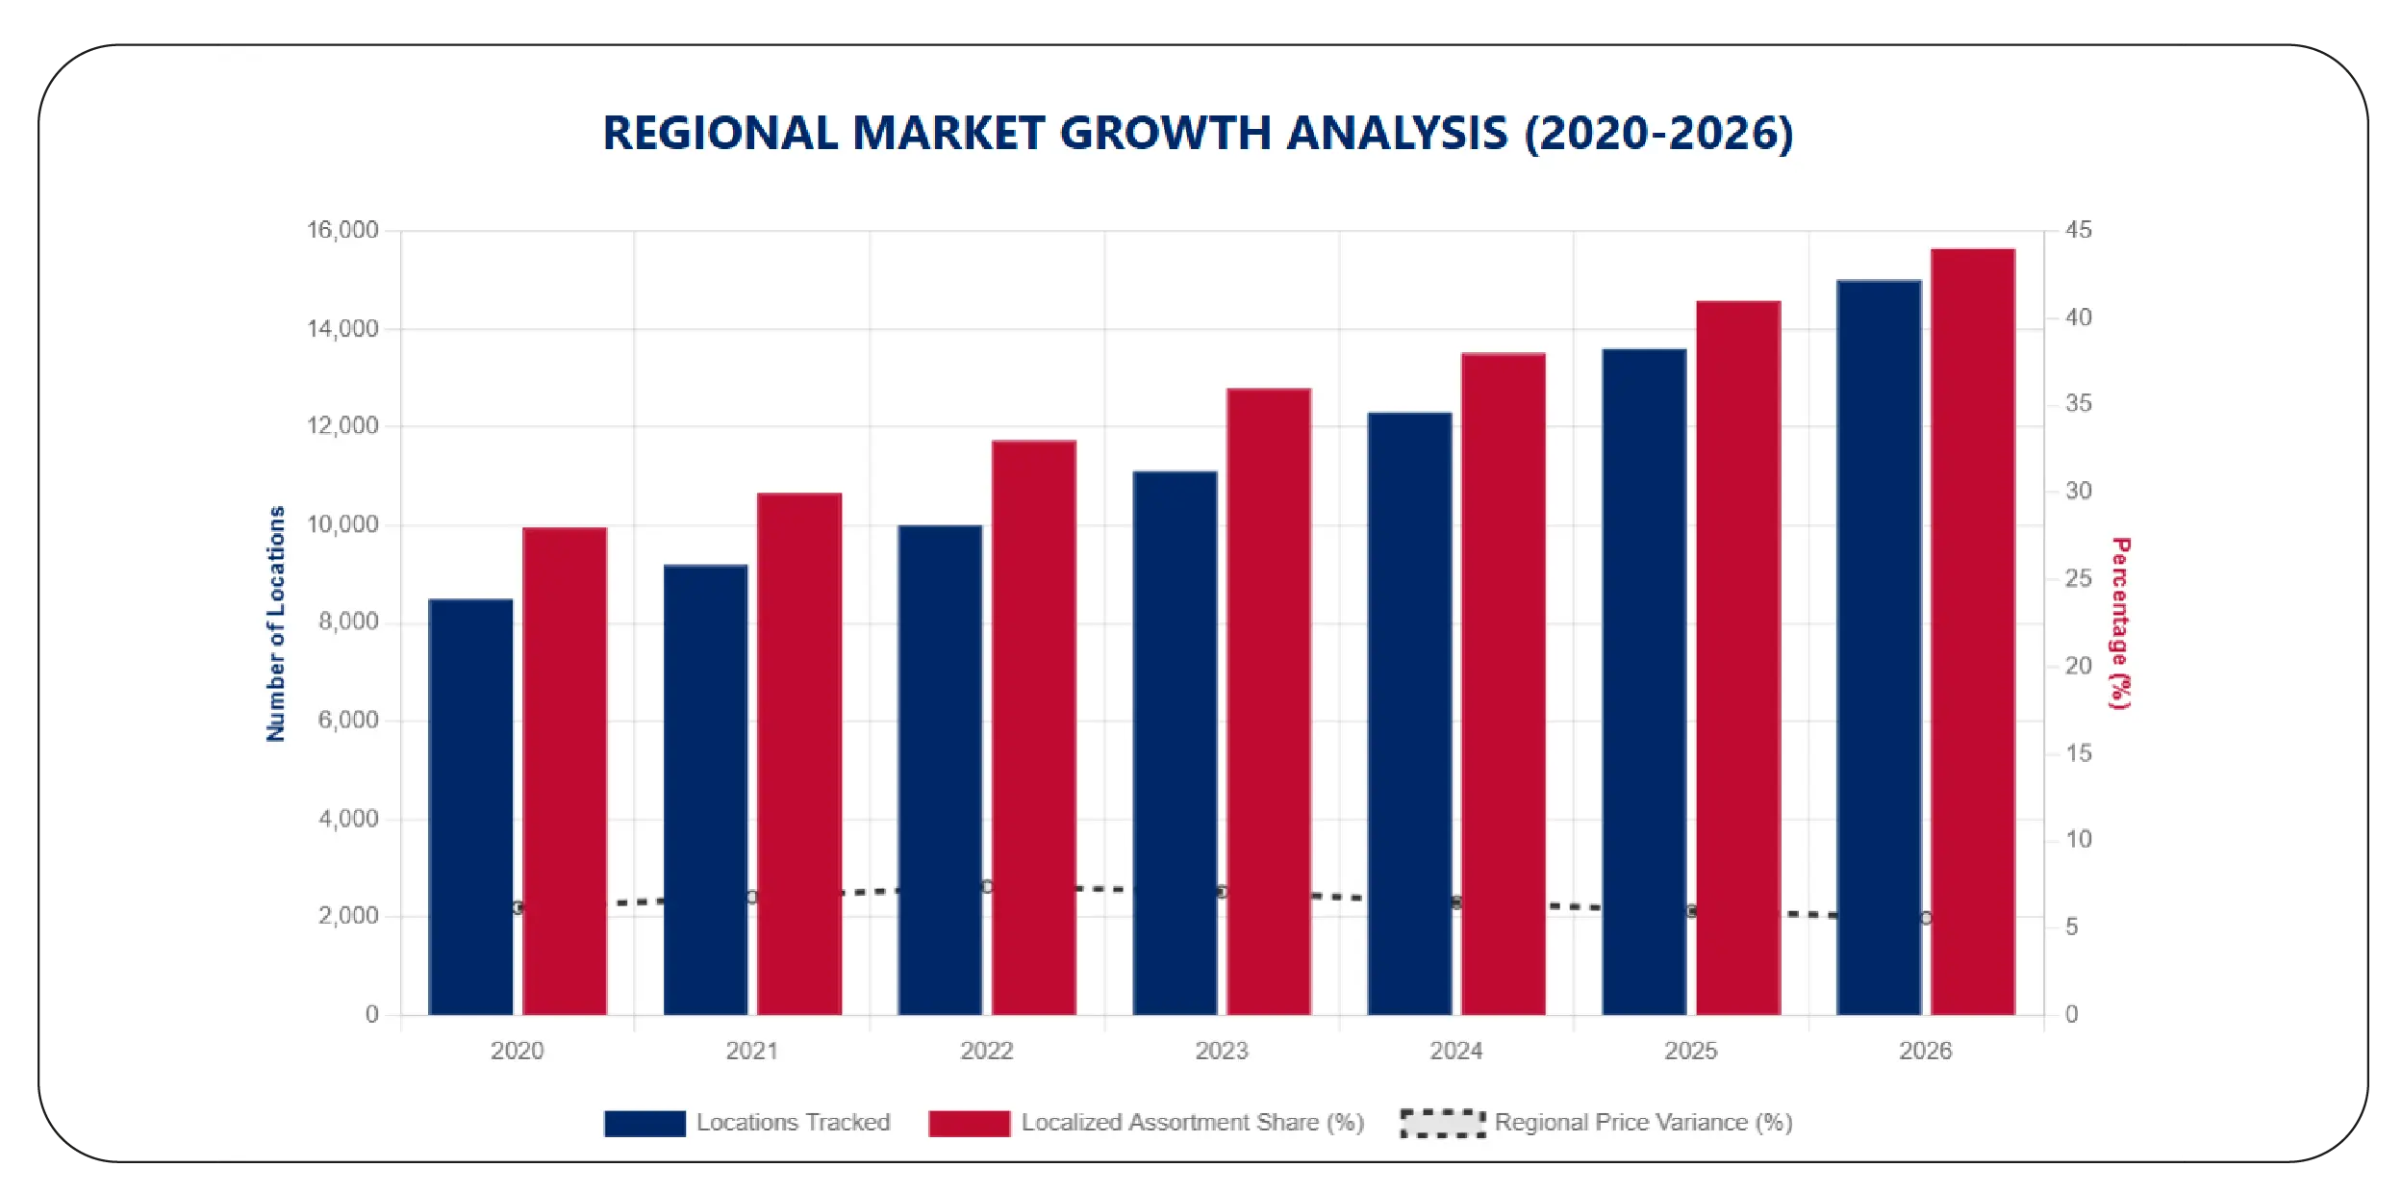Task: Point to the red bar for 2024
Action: coord(1503,683)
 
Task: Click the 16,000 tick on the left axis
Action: coord(342,230)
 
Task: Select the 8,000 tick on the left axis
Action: coord(348,622)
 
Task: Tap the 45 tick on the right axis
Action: coord(2078,230)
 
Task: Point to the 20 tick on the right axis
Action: coord(2078,666)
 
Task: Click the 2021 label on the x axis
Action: coord(751,1051)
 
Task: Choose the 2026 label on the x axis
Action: coord(1925,1051)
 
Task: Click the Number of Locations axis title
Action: coord(276,623)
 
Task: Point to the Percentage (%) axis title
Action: coord(2119,623)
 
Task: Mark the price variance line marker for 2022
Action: coord(987,886)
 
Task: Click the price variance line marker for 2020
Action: coord(518,907)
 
